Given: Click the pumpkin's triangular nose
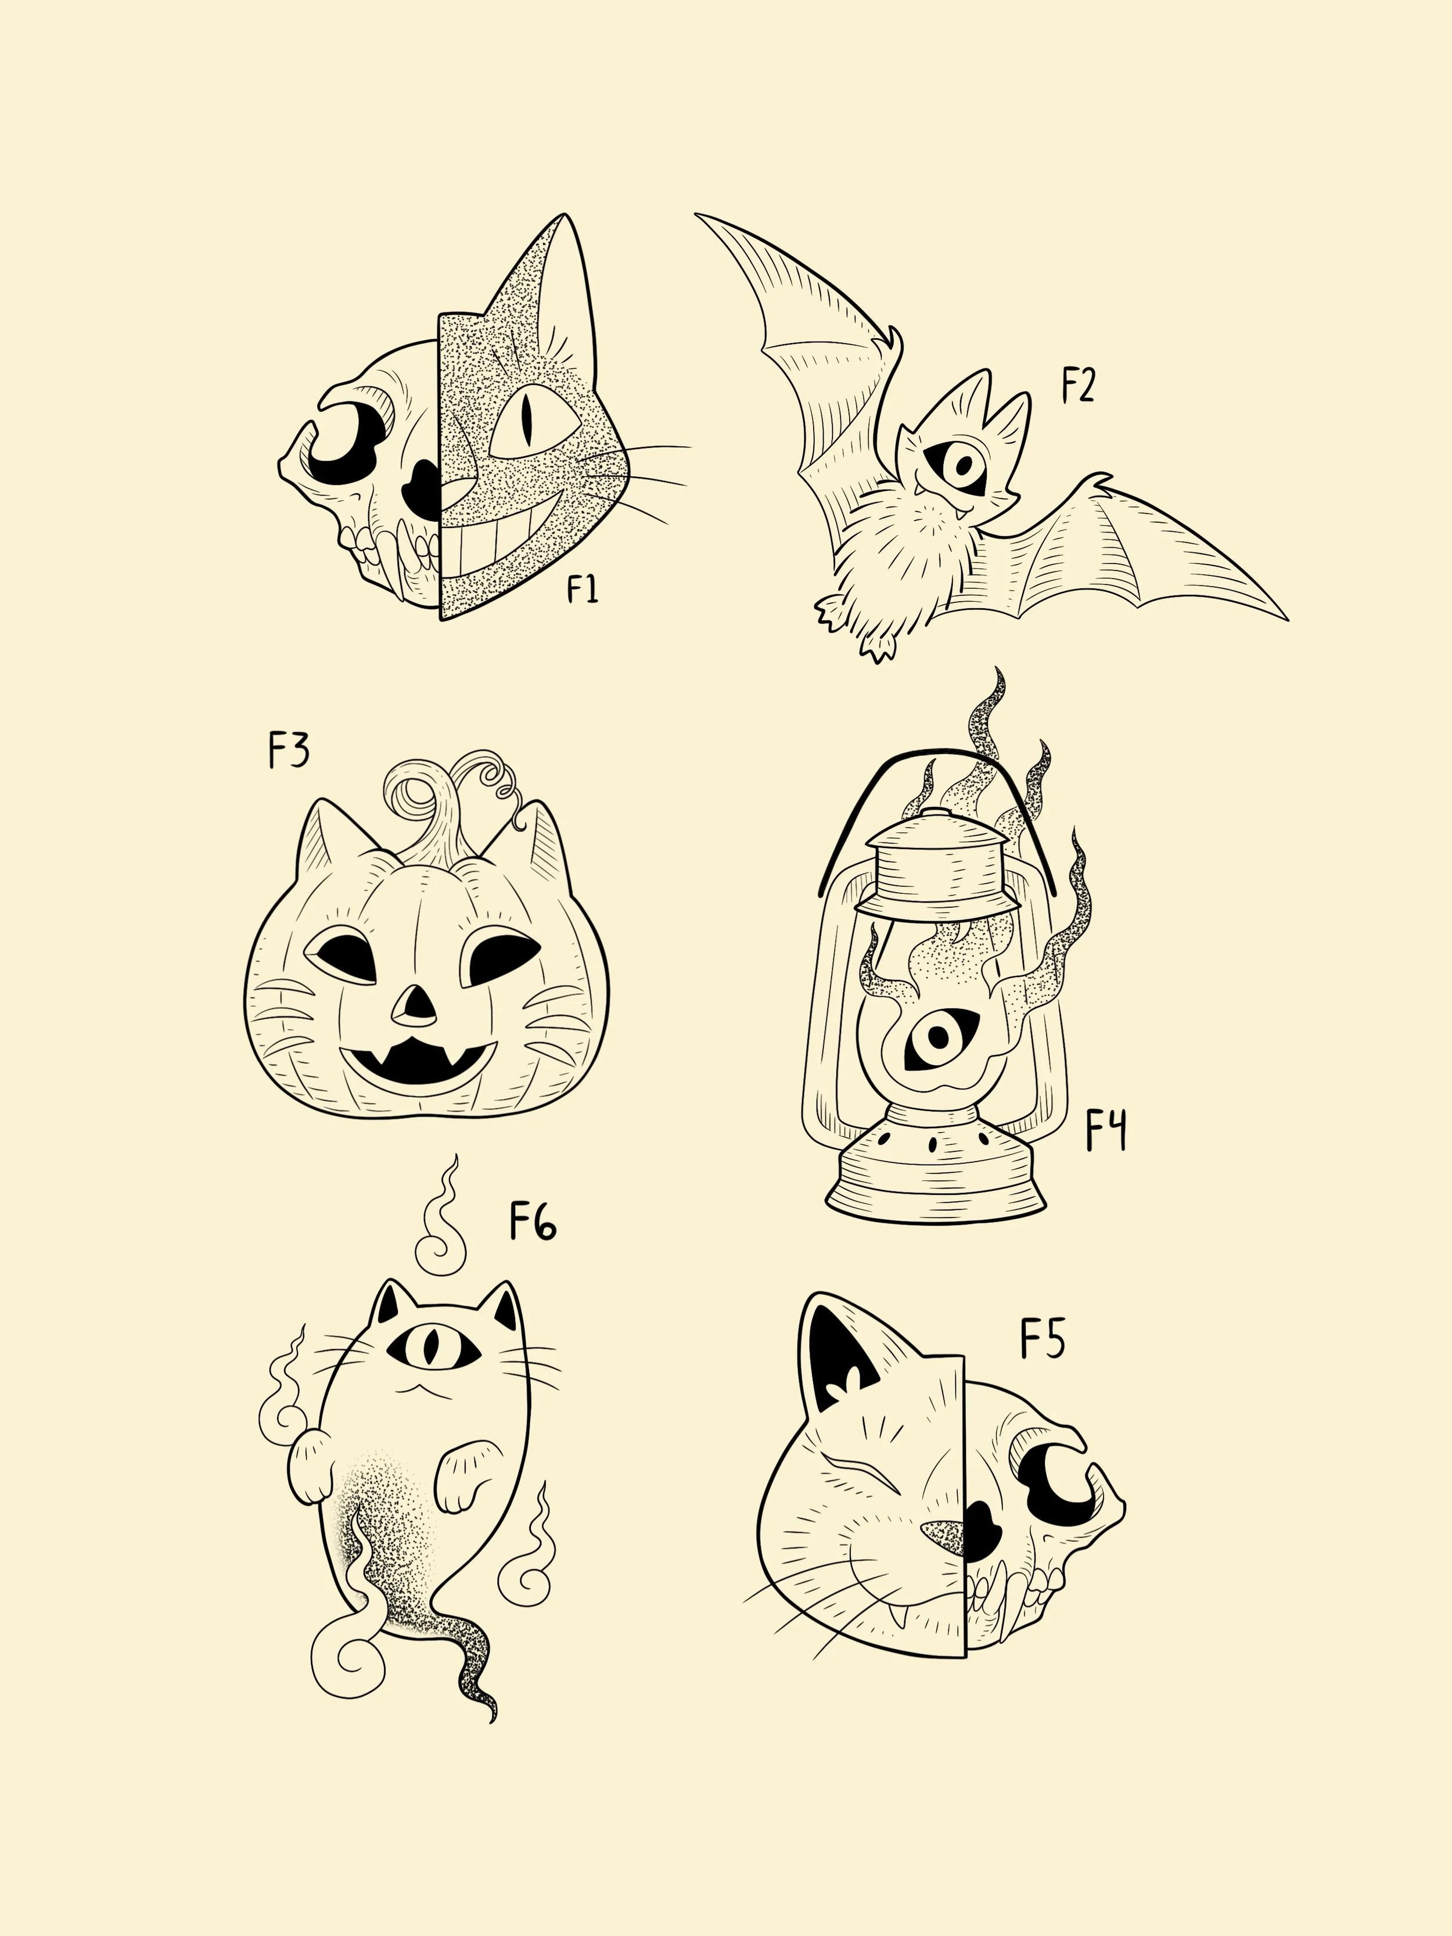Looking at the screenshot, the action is (415, 1007).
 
